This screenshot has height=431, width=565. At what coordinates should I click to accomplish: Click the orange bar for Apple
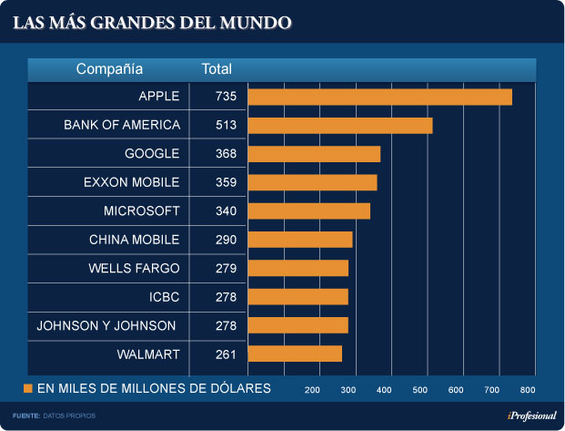(x=379, y=97)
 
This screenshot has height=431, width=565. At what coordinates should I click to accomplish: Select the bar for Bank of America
(x=339, y=126)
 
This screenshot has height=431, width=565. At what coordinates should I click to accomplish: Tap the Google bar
(x=314, y=154)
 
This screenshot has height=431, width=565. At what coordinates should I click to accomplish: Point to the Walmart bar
(x=295, y=354)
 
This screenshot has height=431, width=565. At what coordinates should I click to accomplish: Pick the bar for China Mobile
(x=300, y=240)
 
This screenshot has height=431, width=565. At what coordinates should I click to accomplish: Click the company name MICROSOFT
(x=142, y=211)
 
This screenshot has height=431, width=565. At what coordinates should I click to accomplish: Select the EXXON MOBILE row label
(x=131, y=182)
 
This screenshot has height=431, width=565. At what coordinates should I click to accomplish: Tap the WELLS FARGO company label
(x=134, y=268)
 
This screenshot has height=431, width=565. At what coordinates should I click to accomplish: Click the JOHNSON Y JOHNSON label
(x=106, y=325)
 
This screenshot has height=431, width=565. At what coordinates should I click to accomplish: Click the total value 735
(x=226, y=97)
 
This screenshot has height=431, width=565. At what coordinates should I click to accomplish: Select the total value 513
(x=226, y=125)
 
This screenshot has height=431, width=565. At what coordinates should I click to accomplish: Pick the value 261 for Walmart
(x=226, y=354)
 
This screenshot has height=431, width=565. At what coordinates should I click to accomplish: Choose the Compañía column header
(x=109, y=69)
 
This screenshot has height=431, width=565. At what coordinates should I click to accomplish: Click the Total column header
(x=217, y=69)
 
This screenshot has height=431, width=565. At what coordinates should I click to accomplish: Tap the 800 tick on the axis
(x=528, y=390)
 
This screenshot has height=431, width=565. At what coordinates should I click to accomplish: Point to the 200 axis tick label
(x=312, y=390)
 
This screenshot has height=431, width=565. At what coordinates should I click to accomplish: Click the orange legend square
(x=28, y=389)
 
